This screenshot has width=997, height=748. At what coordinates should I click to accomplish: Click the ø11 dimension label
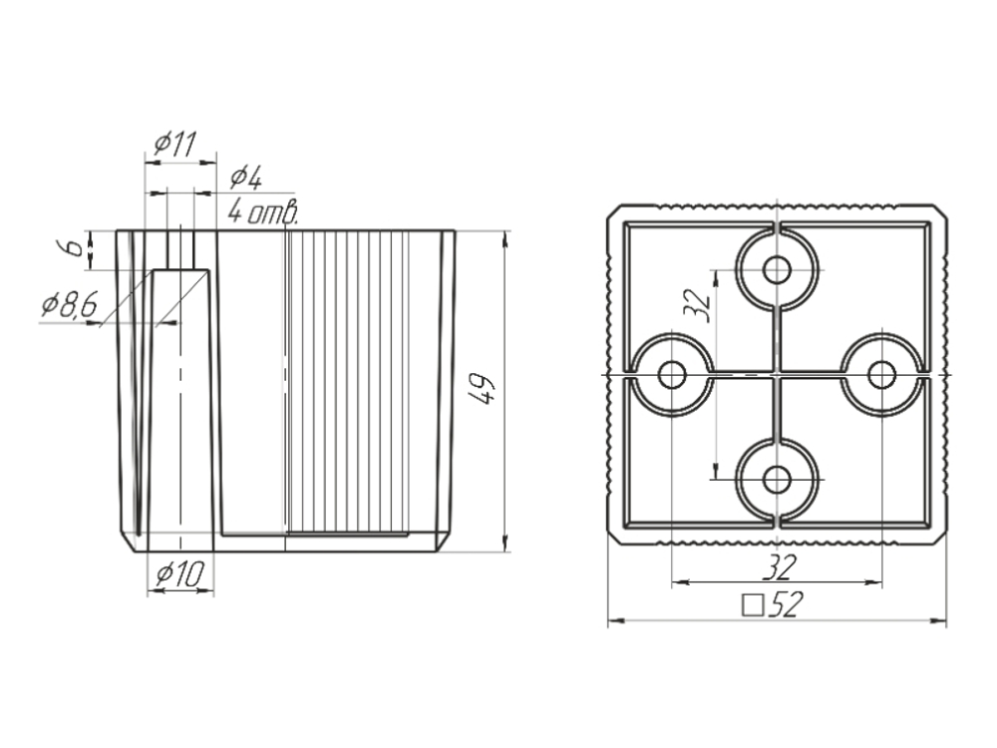coord(175,145)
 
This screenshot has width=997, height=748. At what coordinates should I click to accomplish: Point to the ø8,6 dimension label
coord(70,305)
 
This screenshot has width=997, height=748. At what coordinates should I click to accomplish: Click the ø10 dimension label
coord(179,574)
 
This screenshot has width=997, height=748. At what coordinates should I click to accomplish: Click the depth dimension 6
coord(75,246)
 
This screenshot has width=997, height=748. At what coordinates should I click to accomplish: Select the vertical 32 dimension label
coord(697,305)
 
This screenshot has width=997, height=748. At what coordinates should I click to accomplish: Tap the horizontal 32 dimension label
coord(779,566)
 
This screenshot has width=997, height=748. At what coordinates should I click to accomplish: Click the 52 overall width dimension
coord(787,604)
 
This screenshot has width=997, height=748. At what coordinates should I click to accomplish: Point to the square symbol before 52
coord(753,605)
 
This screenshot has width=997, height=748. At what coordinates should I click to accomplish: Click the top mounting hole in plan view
coord(777,270)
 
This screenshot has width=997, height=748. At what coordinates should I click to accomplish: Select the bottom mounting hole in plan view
coord(777,479)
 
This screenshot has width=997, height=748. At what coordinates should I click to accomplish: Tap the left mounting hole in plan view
coord(672,375)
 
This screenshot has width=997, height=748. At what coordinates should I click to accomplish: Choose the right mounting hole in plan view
coord(881,375)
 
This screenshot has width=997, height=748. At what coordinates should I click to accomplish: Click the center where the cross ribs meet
coord(777,375)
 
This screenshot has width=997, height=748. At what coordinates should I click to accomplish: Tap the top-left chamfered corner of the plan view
coord(613,211)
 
